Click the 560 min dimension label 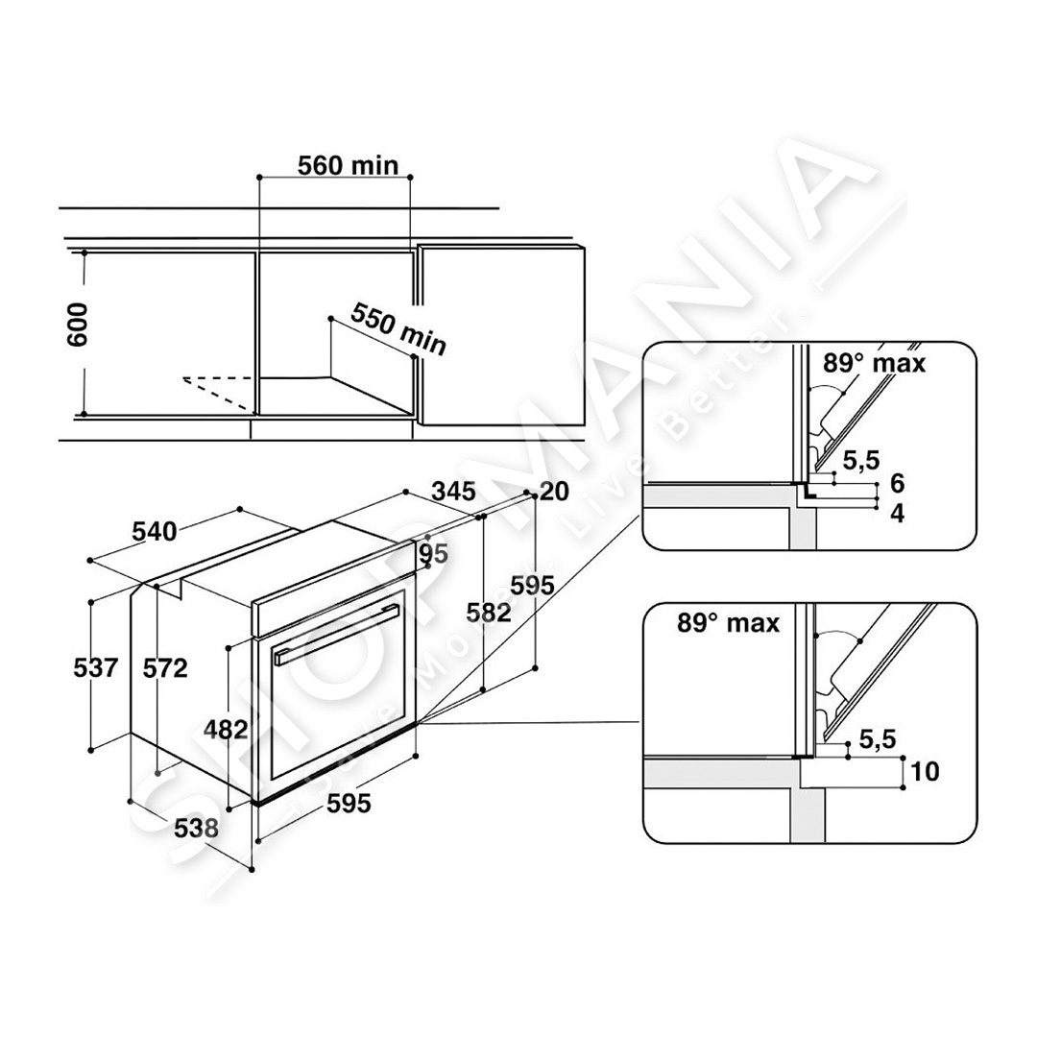tap(348, 165)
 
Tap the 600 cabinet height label tap(78, 325)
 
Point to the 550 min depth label tap(398, 328)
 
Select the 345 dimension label tap(453, 492)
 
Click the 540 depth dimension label tap(154, 531)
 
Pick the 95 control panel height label tap(433, 554)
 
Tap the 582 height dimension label tap(489, 613)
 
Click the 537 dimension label tap(96, 667)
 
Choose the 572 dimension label tap(165, 668)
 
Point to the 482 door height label tap(226, 729)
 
